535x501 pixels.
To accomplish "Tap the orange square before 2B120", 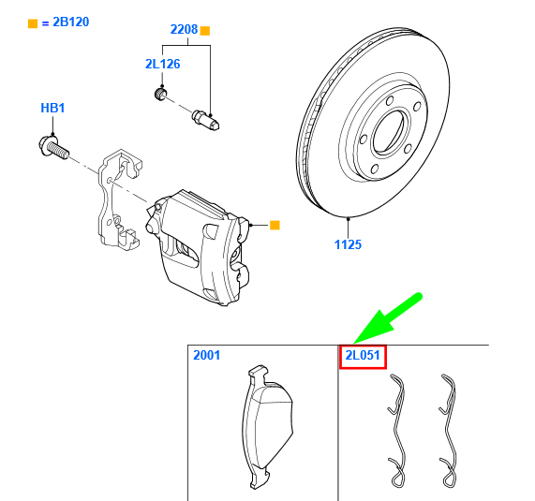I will (x=33, y=22).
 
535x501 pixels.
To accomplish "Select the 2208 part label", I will (x=184, y=30).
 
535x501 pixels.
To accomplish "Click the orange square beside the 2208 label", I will (x=206, y=30).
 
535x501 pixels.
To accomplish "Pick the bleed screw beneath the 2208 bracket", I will (x=205, y=119).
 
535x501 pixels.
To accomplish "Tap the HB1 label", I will (x=52, y=109).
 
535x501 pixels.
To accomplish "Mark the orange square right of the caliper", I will (x=275, y=225).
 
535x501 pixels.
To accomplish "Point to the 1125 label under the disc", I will (x=348, y=244).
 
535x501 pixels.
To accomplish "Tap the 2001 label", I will (x=207, y=356).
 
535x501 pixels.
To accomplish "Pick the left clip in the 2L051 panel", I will (x=397, y=431).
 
